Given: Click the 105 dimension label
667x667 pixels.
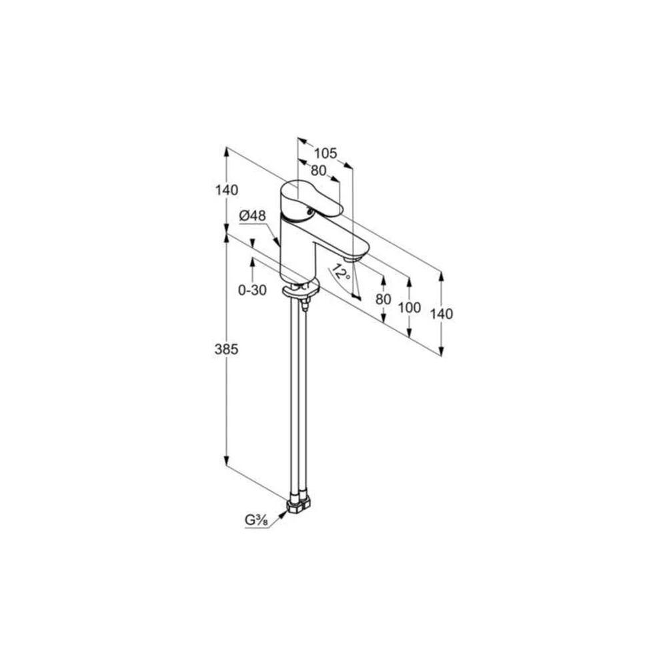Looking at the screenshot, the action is (x=325, y=153).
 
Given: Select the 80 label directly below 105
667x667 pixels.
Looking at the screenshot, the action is (x=318, y=171).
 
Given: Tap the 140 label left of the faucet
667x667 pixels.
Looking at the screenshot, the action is (x=226, y=190).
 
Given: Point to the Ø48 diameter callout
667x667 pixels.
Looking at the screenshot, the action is (x=252, y=216).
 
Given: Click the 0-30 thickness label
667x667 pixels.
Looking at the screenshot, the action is (x=252, y=290).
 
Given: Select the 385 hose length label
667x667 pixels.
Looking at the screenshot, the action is (x=226, y=350).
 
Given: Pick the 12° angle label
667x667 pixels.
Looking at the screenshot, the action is (x=342, y=272).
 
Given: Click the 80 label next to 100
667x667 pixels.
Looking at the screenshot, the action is (x=384, y=299).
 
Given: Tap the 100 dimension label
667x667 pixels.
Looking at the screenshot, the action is (x=410, y=307).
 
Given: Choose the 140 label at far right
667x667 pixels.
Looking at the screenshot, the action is (x=442, y=314).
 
